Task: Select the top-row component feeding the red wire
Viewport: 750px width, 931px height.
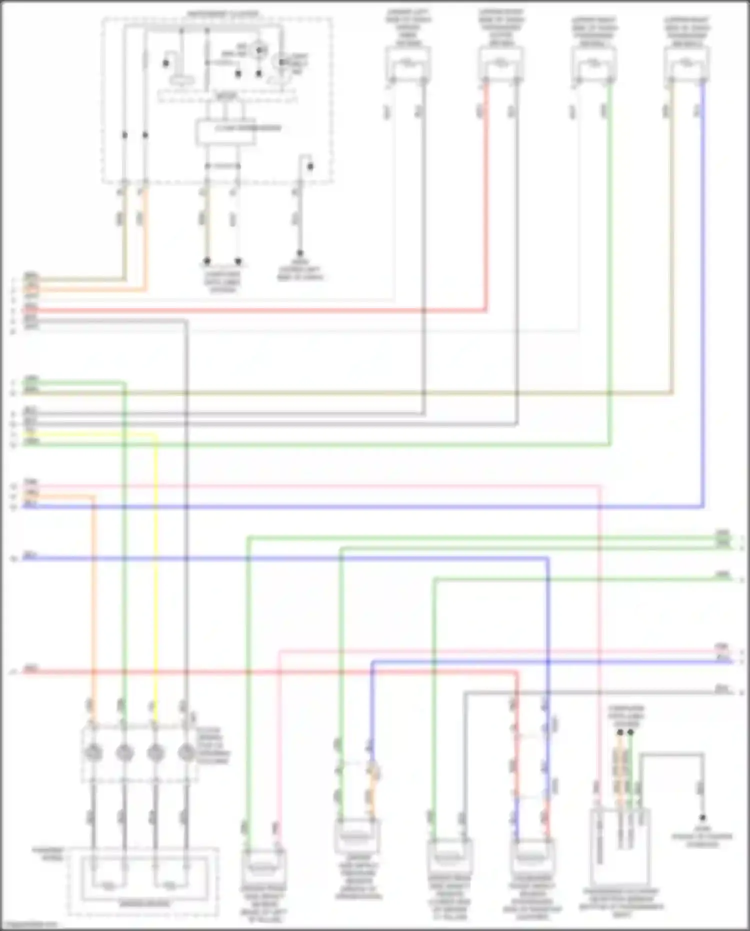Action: point(501,64)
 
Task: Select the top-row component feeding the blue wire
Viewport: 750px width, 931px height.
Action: point(687,64)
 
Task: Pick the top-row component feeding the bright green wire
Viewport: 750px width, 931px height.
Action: point(594,64)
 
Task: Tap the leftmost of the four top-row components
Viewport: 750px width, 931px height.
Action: point(407,64)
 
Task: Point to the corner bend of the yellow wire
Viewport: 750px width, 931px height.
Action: point(155,435)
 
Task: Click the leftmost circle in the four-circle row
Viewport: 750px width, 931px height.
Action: point(93,752)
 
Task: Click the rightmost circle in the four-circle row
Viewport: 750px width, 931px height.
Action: point(186,752)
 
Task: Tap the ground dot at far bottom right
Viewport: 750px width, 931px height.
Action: point(702,818)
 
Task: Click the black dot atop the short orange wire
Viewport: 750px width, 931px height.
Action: point(620,732)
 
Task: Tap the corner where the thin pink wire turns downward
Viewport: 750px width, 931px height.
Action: point(599,486)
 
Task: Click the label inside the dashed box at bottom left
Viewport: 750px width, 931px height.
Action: point(143,904)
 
